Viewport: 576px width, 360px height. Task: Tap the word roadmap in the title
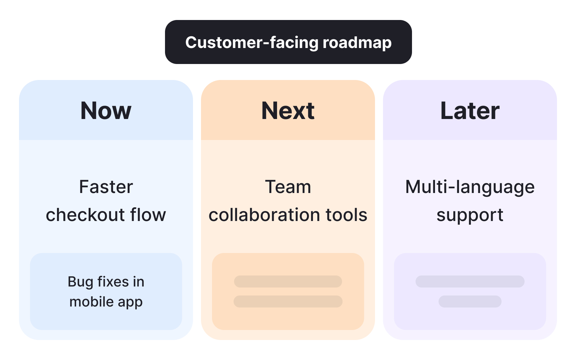pos(357,43)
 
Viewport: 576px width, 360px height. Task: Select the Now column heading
pos(106,111)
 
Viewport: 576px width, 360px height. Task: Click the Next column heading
pos(288,111)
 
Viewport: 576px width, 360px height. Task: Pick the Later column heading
pos(470,111)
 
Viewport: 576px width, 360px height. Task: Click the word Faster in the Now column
pos(106,187)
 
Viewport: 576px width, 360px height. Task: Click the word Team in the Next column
pos(288,187)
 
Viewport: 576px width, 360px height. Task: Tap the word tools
pos(346,215)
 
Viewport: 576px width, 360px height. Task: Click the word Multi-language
pos(470,187)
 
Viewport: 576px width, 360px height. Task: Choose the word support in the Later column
pos(470,215)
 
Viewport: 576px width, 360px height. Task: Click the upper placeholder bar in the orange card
pos(288,281)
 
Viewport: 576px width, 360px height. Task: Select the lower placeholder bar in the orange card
pos(288,301)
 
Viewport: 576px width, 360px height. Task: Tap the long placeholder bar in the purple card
pos(470,281)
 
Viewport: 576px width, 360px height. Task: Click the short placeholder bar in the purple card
pos(470,301)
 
